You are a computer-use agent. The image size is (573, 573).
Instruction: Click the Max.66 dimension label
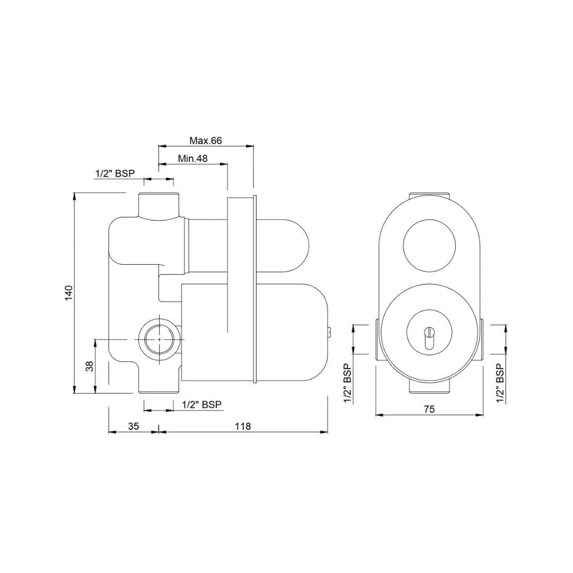pos(205,141)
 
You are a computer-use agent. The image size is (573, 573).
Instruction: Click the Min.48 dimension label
pos(193,158)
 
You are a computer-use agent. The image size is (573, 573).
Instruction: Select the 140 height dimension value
pos(68,293)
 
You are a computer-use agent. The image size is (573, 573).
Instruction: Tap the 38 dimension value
pos(90,366)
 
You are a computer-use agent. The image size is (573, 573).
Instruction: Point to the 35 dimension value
pos(134,426)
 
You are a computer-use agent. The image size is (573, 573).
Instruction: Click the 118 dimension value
pos(242,426)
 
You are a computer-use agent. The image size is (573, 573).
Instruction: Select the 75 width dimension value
pos(429,409)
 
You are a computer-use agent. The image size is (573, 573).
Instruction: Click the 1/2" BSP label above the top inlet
pos(115,173)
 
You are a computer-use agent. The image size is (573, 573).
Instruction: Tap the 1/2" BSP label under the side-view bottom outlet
pos(202,405)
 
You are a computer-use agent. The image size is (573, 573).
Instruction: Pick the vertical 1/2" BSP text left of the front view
pos(348,383)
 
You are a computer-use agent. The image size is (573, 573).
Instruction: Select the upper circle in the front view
pos(429,245)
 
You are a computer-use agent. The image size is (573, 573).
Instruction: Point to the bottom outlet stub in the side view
pos(159,385)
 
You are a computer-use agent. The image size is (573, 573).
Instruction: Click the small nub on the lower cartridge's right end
pos(329,333)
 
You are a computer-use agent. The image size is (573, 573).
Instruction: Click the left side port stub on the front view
pos(376,340)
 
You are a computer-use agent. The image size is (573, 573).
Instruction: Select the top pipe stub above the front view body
pos(429,194)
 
